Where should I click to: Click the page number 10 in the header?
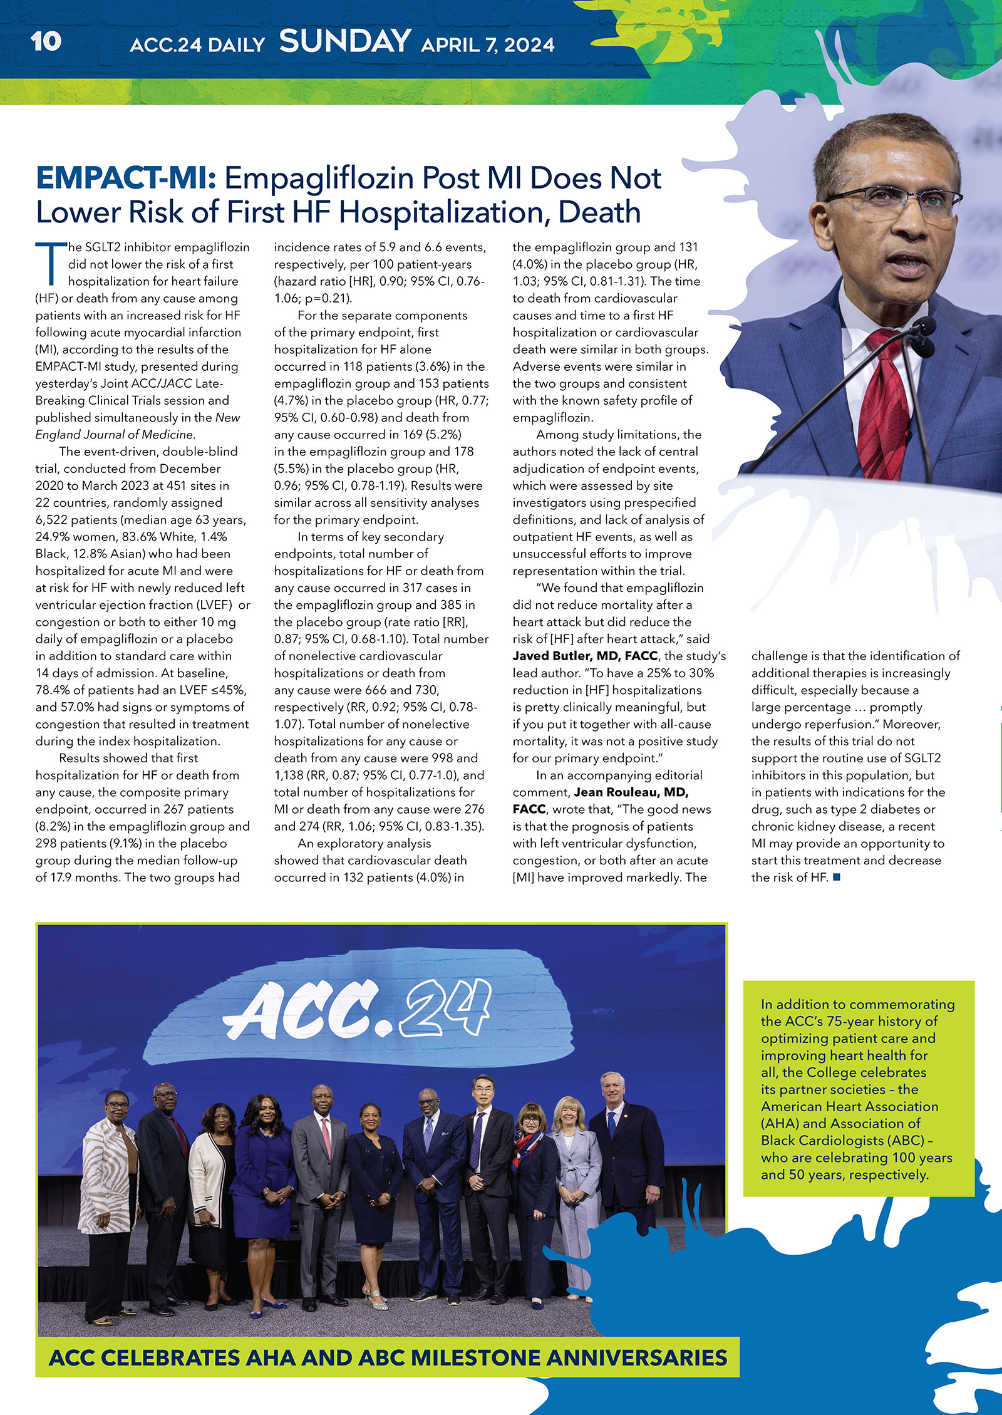pyautogui.click(x=46, y=42)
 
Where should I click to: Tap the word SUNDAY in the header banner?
pyautogui.click(x=344, y=41)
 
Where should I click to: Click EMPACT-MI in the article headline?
pyautogui.click(x=126, y=178)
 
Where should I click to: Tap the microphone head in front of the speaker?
pyautogui.click(x=924, y=326)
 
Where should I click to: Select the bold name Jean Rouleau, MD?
pyautogui.click(x=631, y=792)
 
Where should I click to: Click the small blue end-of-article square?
pyautogui.click(x=837, y=878)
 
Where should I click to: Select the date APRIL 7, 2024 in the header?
pyautogui.click(x=487, y=45)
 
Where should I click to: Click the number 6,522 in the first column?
pyautogui.click(x=53, y=520)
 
